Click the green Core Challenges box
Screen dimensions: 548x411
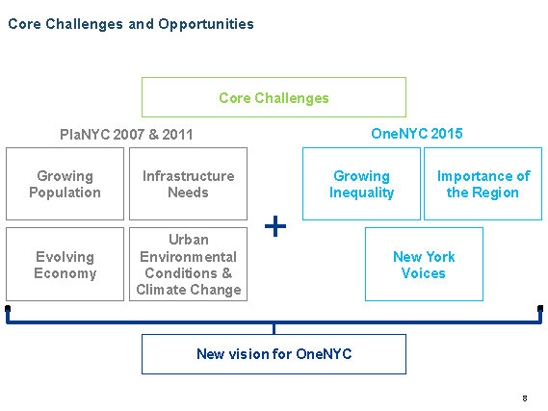coord(274,97)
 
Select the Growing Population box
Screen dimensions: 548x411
coord(65,184)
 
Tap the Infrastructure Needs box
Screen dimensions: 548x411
coord(189,184)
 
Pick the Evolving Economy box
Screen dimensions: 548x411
coord(65,264)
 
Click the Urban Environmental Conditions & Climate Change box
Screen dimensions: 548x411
coord(189,264)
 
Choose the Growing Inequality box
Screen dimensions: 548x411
coord(361,184)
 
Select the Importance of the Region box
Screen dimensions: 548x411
coord(483,184)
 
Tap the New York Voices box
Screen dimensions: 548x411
coord(424,264)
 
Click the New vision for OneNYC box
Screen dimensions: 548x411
coord(274,354)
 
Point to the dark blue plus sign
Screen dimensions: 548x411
coord(275,226)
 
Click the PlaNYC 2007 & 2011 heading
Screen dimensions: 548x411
coord(126,135)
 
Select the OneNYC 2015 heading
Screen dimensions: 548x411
coord(417,134)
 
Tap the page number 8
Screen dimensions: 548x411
coord(525,398)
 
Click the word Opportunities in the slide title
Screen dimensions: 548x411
coord(206,24)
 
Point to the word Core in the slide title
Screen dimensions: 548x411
coord(24,24)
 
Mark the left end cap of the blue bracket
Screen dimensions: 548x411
coord(8,309)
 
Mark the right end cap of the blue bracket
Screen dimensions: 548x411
coord(540,309)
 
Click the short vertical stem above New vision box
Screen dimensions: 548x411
coord(274,329)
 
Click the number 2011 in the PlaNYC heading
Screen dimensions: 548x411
coord(177,135)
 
